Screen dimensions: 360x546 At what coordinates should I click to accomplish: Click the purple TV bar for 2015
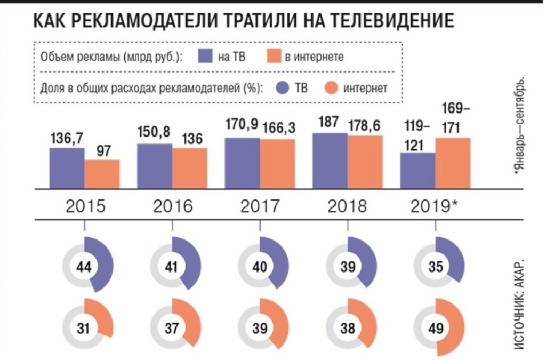(x=67, y=168)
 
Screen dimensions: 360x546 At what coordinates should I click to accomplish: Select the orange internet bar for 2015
(x=102, y=174)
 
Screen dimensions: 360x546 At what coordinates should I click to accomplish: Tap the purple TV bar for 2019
(x=417, y=170)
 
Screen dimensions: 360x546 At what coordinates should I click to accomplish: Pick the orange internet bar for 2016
(x=189, y=168)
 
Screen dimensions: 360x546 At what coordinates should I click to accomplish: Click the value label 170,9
(x=241, y=125)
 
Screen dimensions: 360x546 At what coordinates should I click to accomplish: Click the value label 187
(x=328, y=122)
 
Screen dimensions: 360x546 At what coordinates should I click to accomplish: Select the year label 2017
(x=260, y=206)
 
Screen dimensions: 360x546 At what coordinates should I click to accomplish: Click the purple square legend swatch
(x=205, y=56)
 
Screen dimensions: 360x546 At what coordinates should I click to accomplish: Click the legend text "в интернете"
(x=314, y=57)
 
